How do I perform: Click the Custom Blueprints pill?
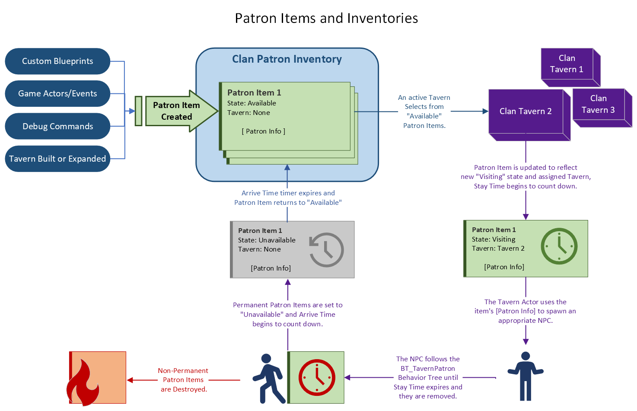[x=57, y=61]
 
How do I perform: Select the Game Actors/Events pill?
[x=57, y=93]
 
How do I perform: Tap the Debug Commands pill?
[x=57, y=126]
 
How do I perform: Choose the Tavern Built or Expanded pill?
[x=57, y=159]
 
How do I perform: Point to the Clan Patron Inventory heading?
[x=287, y=59]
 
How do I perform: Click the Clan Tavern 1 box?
[x=567, y=64]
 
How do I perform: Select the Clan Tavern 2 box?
[x=526, y=111]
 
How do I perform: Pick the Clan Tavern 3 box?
[x=599, y=104]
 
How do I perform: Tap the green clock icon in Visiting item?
[x=559, y=246]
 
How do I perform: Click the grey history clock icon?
[x=327, y=249]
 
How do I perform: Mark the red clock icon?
[x=317, y=377]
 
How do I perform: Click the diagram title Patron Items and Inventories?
[x=326, y=18]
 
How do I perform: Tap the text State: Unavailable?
[x=267, y=240]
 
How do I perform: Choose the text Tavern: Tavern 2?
[x=498, y=249]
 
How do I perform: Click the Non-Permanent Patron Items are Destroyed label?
[x=183, y=380]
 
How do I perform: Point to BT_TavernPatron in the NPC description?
[x=428, y=368]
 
